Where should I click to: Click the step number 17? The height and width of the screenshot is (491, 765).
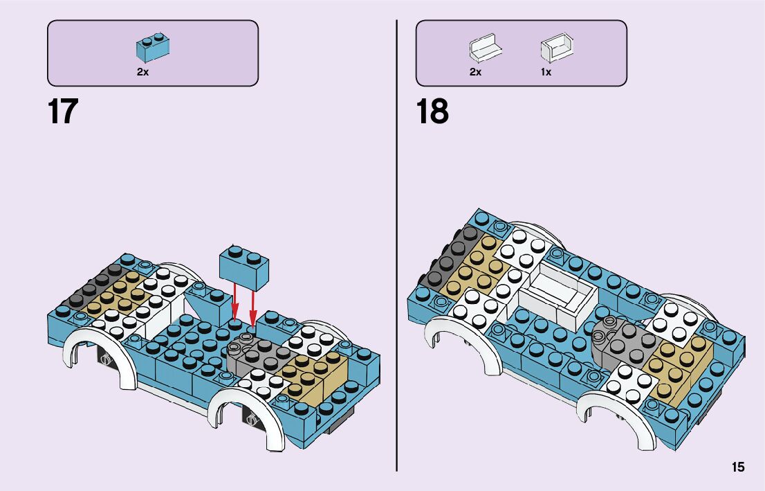(x=63, y=111)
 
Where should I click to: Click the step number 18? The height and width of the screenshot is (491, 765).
(x=432, y=111)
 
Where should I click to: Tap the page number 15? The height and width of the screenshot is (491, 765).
(x=738, y=467)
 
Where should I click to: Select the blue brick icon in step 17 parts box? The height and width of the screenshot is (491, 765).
(x=154, y=46)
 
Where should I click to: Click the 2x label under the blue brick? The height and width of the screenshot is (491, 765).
(x=142, y=72)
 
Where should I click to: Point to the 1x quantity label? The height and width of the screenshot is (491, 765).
(x=546, y=72)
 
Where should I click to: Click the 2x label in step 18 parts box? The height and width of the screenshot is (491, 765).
(x=475, y=72)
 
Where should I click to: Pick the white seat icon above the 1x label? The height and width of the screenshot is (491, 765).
(x=557, y=48)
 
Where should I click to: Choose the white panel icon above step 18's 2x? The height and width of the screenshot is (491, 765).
(x=485, y=48)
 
